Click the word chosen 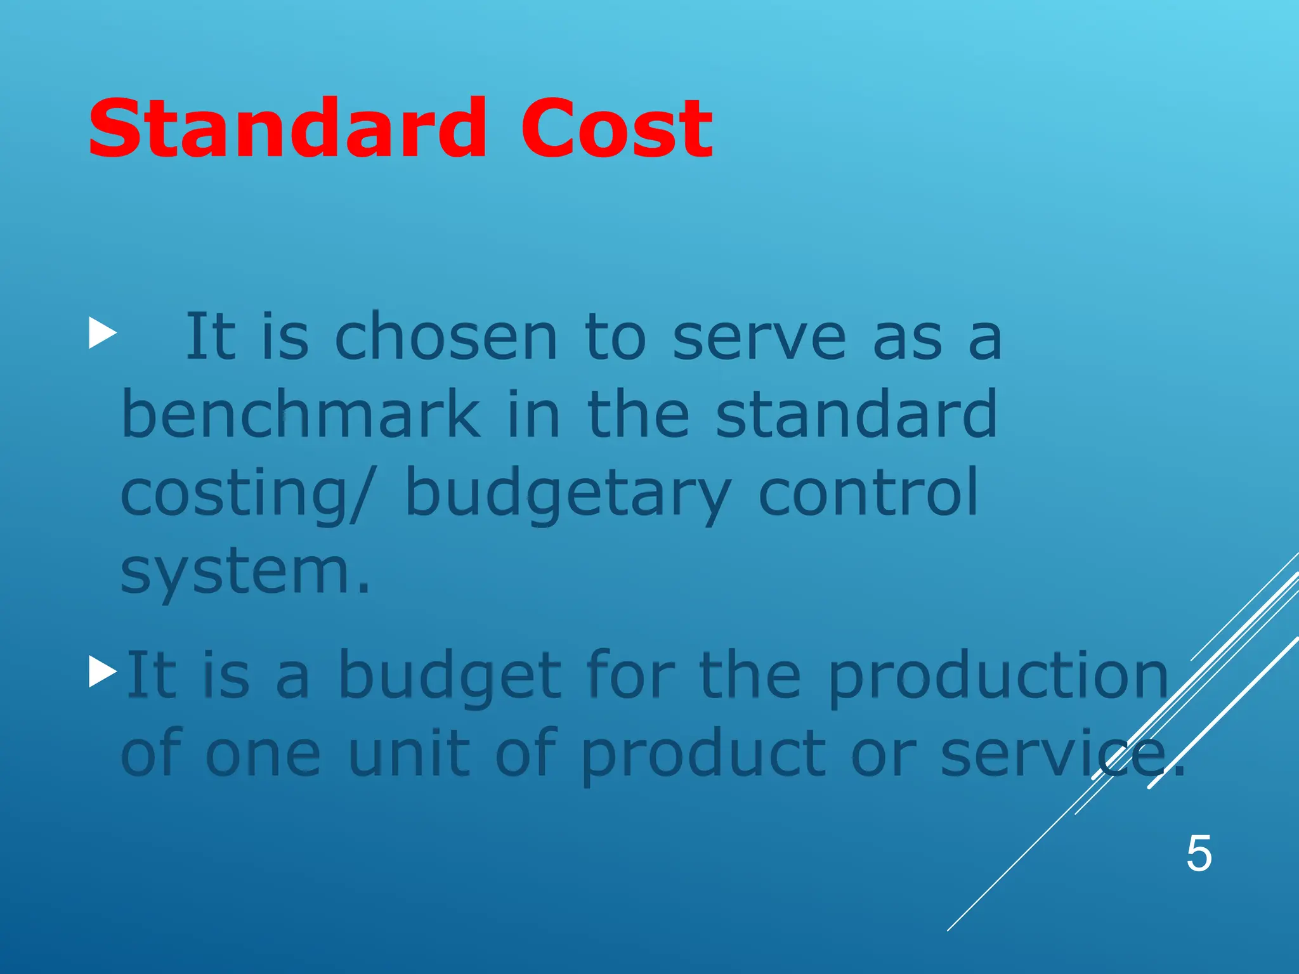[446, 337]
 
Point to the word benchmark [301, 415]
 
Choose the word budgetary [568, 495]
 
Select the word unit [410, 753]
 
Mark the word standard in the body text [856, 415]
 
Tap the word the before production [750, 676]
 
